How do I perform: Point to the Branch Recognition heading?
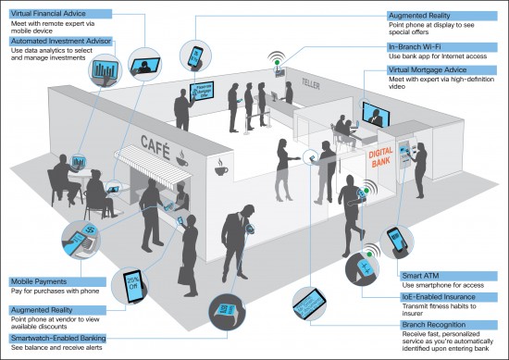pos(434,321)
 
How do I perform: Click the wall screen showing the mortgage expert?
pos(375,116)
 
